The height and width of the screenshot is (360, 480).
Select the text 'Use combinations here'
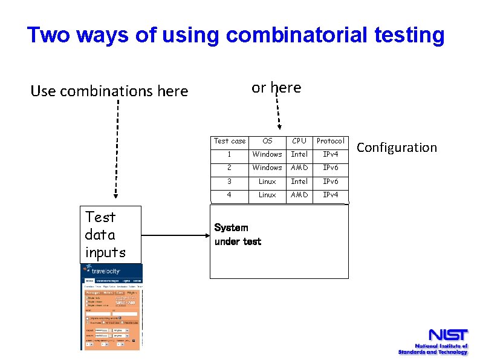(109, 91)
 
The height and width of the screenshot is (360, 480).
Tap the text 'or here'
(276, 88)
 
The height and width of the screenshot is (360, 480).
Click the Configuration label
(397, 148)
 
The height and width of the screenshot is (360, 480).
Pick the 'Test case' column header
(230, 141)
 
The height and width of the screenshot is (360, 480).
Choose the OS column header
(267, 141)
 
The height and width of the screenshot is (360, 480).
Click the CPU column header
(299, 141)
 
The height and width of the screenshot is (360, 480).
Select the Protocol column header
(330, 141)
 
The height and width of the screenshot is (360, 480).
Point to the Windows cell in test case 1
(267, 154)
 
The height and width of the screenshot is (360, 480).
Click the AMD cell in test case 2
(299, 168)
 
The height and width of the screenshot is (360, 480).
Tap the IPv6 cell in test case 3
(330, 182)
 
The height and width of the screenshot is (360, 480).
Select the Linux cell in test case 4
(267, 195)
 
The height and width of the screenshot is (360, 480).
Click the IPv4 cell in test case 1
(330, 154)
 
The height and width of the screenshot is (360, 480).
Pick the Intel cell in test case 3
(299, 182)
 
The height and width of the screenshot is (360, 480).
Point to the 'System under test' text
(238, 235)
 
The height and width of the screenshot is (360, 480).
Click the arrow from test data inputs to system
(175, 236)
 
